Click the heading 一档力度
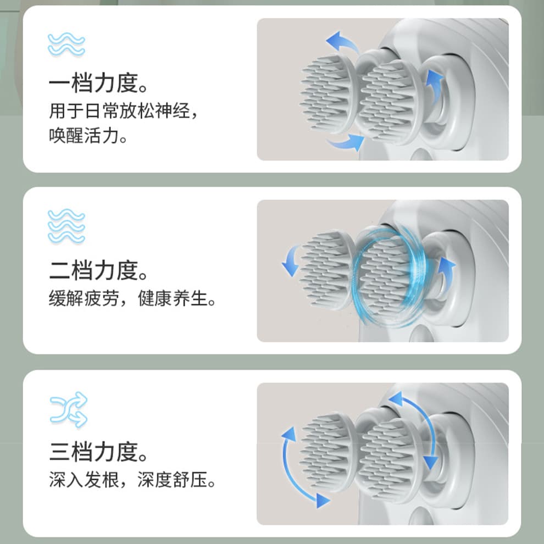click(93, 84)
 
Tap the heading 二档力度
click(93, 270)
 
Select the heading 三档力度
click(93, 452)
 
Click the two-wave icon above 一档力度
click(66, 44)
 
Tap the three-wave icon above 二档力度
click(66, 226)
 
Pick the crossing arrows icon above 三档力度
click(68, 409)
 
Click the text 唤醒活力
click(84, 135)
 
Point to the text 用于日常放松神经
click(120, 110)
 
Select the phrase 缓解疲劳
click(84, 298)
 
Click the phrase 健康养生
click(173, 298)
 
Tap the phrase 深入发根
click(84, 480)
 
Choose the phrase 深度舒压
click(173, 480)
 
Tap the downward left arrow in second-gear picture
click(290, 260)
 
